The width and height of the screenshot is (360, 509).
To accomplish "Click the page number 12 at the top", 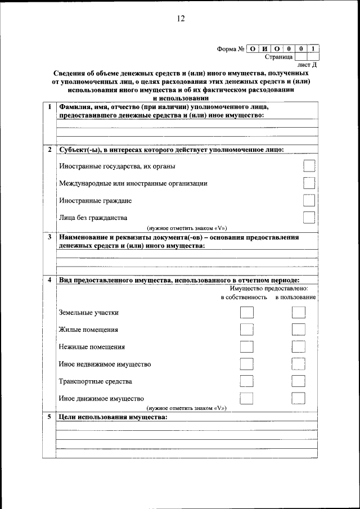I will point(180,18).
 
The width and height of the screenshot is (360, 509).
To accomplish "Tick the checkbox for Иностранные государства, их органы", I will point(308,166).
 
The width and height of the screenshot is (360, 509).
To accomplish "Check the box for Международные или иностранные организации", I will point(308,183).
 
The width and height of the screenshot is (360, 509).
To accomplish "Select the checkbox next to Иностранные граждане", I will point(308,200).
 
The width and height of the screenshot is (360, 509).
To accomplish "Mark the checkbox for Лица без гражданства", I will point(308,218).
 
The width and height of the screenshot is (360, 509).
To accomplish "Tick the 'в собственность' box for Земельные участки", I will point(246,313).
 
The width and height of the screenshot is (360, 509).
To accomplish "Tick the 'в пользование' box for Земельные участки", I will point(299,313).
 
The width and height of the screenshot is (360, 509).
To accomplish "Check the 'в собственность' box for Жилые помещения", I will point(246,330).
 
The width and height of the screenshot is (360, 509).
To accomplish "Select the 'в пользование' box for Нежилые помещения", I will point(299,347).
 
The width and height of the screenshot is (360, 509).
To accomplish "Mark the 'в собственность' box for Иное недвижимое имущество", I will point(246,364).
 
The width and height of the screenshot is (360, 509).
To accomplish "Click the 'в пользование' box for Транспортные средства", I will point(299,381).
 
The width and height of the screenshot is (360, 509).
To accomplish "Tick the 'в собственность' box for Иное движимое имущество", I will point(246,398).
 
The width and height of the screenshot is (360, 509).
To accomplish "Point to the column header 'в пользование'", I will point(295,297).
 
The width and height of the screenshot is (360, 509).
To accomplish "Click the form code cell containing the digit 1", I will point(313,48).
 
